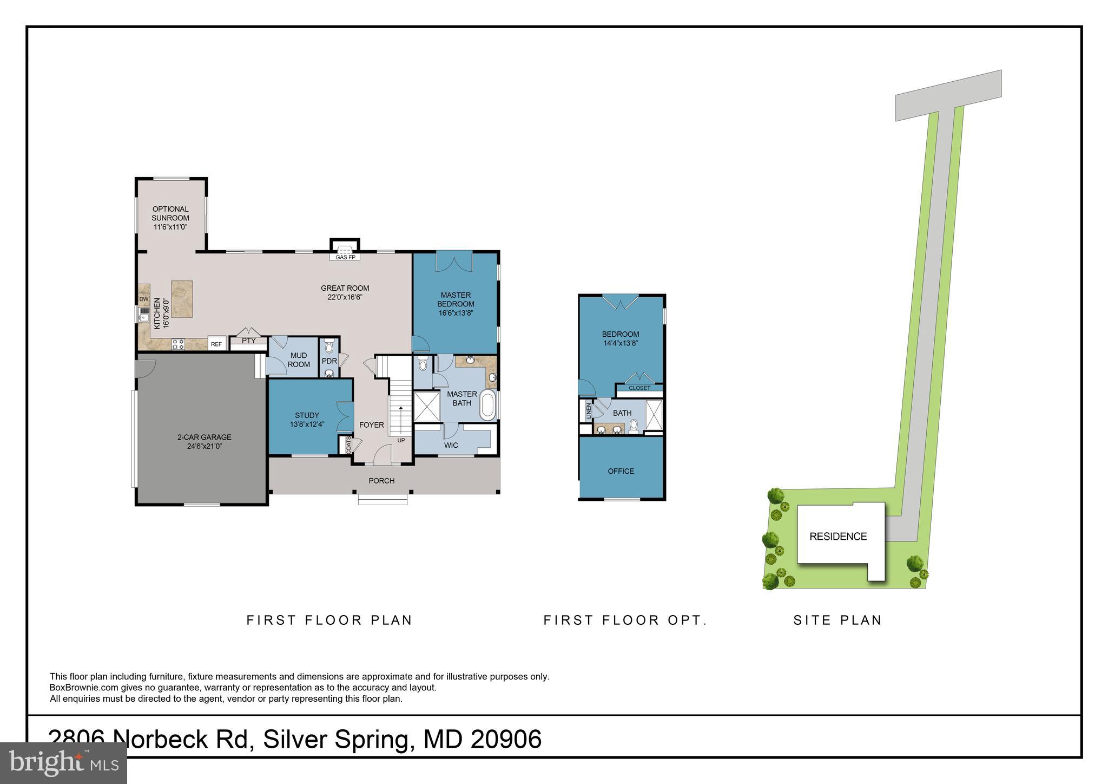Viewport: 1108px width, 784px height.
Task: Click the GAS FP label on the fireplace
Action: coord(345,257)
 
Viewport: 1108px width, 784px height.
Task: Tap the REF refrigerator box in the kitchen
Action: coord(216,344)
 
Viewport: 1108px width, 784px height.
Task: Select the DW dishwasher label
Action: coord(144,299)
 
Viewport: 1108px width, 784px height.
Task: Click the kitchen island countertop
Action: coord(182,298)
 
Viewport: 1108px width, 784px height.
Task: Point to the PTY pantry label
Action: coord(248,341)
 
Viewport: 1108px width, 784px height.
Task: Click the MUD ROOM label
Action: coord(299,360)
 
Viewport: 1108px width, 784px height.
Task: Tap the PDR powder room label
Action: coord(329,361)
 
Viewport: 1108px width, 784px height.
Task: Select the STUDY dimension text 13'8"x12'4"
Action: coord(307,424)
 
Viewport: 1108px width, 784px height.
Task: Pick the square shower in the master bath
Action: coord(427,406)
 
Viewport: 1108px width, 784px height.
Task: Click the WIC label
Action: coord(451,445)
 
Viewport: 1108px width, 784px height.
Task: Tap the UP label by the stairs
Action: coord(401,440)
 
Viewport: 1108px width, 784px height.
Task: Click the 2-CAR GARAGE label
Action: coord(205,437)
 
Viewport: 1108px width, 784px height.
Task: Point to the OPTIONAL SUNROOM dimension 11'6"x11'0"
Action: coord(170,227)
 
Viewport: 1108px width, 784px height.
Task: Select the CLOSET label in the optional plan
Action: coord(639,388)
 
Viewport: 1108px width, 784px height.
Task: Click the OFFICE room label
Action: coord(621,471)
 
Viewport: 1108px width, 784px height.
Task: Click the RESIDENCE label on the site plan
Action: coord(838,537)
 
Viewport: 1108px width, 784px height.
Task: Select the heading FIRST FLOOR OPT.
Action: coord(625,620)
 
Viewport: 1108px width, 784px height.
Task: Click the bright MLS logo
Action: coord(63,763)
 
